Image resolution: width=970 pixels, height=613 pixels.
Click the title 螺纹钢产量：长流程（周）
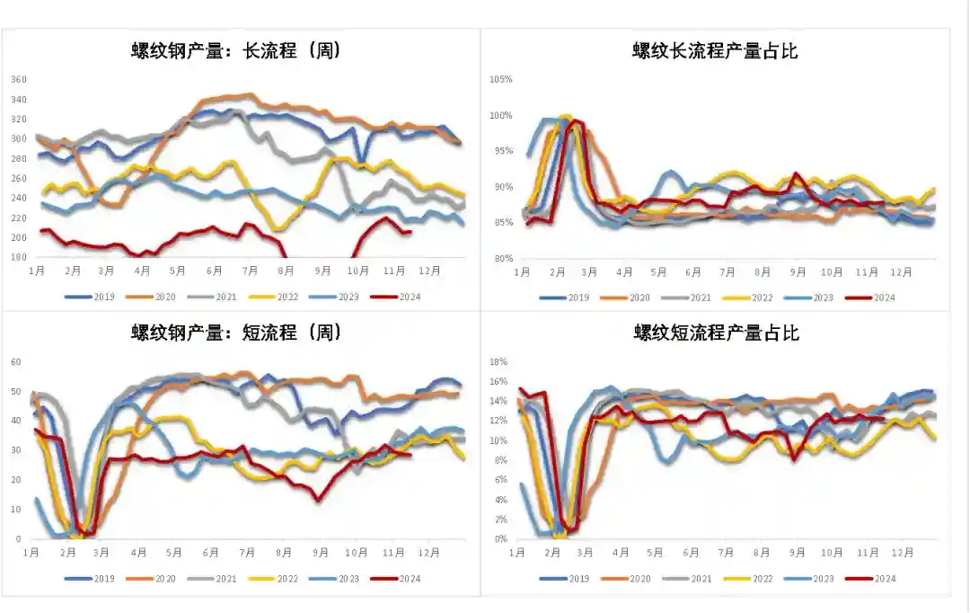(x=236, y=50)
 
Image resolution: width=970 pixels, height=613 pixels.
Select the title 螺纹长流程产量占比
(x=715, y=50)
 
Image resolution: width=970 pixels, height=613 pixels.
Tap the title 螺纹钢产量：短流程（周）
(x=236, y=333)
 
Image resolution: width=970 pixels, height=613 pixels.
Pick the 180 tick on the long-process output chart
(x=19, y=257)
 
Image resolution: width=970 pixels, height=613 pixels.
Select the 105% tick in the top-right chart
(x=500, y=79)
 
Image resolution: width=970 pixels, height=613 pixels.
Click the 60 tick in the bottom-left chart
(x=15, y=361)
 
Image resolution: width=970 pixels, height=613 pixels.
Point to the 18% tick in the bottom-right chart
(x=500, y=361)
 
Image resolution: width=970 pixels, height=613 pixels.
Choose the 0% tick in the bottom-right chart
(x=502, y=539)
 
